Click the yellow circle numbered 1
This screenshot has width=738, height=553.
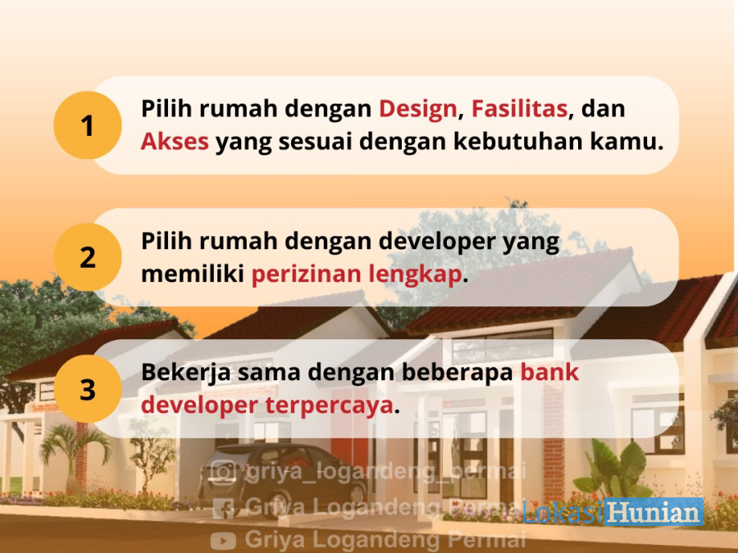88,125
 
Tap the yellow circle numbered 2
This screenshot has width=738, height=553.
88,257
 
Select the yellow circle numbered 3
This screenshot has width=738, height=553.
88,389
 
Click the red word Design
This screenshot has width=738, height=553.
418,110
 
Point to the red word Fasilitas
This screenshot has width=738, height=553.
520,109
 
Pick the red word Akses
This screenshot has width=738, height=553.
175,141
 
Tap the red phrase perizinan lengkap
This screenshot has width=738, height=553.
357,274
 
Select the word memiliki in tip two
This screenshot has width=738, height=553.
193,274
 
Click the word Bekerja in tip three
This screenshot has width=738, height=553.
186,373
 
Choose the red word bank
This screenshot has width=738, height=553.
549,372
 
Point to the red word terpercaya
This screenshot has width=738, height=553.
330,406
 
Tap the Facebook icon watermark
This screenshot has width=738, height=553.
224,508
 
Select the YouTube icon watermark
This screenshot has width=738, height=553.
224,539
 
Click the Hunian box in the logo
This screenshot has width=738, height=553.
654,511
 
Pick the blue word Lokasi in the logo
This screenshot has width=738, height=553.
563,512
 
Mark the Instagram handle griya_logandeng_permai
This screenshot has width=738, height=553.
385,471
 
